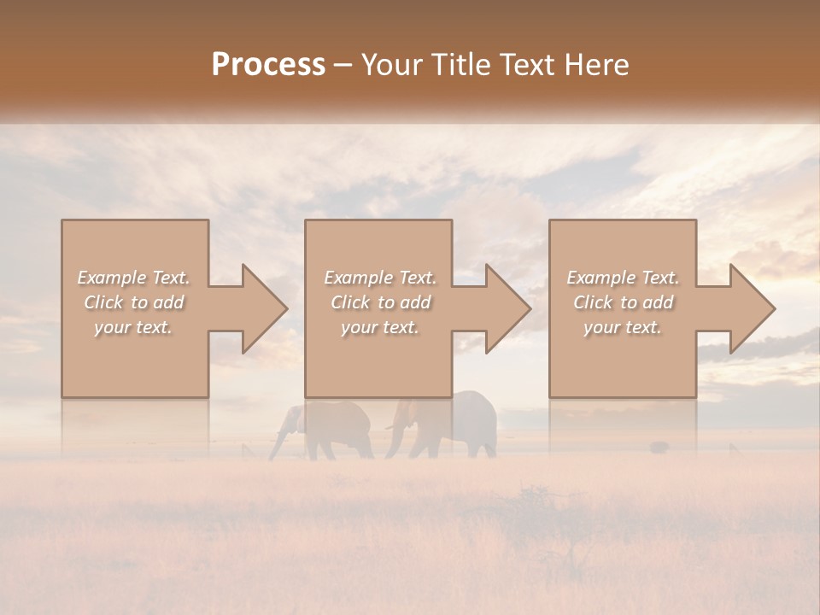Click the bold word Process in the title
click(268, 65)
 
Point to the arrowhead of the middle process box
click(507, 308)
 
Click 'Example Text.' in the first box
click(133, 278)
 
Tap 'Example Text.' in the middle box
click(380, 278)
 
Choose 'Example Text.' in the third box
click(623, 278)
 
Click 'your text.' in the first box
click(133, 327)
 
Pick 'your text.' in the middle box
click(380, 327)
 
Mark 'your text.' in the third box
click(623, 327)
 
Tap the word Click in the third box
click(594, 302)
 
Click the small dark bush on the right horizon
click(659, 447)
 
